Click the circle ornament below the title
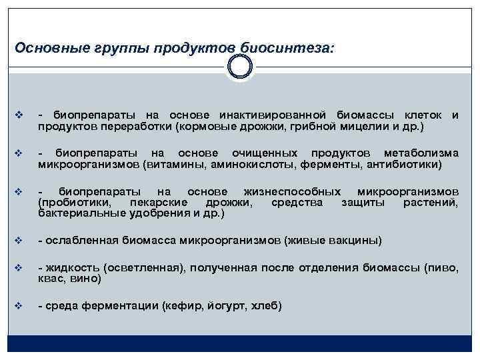click(x=239, y=67)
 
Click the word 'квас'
click(x=50, y=279)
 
